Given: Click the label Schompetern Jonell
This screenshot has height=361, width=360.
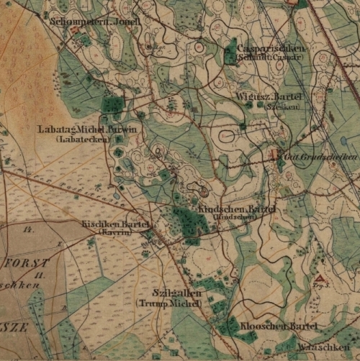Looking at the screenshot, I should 84,22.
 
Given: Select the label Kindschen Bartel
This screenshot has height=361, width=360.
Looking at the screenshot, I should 237,208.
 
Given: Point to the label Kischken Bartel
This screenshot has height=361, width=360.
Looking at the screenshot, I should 115,224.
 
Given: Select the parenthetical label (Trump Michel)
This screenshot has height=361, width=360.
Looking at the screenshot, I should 171,303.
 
